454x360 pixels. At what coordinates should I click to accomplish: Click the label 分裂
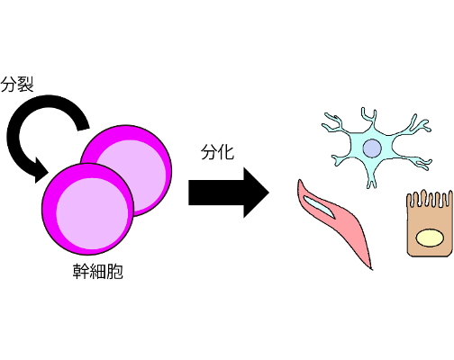[x=17, y=84]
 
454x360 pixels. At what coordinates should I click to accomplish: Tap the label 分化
[x=217, y=152]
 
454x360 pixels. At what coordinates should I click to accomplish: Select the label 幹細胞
[x=98, y=272]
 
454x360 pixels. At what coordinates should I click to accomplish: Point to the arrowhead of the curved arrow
[x=41, y=171]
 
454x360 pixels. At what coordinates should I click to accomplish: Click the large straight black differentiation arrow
[x=229, y=193]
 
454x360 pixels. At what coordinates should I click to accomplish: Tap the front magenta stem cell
[x=87, y=209]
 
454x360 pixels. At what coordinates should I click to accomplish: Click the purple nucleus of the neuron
[x=372, y=148]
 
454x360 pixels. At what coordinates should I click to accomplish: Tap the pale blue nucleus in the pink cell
[x=319, y=206]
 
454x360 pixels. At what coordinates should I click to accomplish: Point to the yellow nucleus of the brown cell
[x=430, y=238]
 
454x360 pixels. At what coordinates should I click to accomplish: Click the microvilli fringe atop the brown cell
[x=430, y=199]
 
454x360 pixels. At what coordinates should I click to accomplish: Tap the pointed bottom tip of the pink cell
[x=372, y=269]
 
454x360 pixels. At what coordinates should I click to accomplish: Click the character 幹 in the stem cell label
[x=81, y=272]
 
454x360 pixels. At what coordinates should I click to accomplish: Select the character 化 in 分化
[x=226, y=152]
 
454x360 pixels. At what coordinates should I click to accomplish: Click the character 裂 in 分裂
[x=25, y=84]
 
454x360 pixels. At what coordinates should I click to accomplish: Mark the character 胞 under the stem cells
[x=114, y=272]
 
